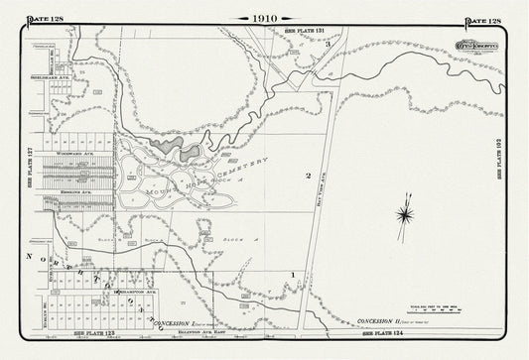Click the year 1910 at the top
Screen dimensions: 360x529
264,18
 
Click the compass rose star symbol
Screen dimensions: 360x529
405,211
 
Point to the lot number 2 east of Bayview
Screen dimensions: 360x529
309,176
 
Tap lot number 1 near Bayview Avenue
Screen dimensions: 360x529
293,273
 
